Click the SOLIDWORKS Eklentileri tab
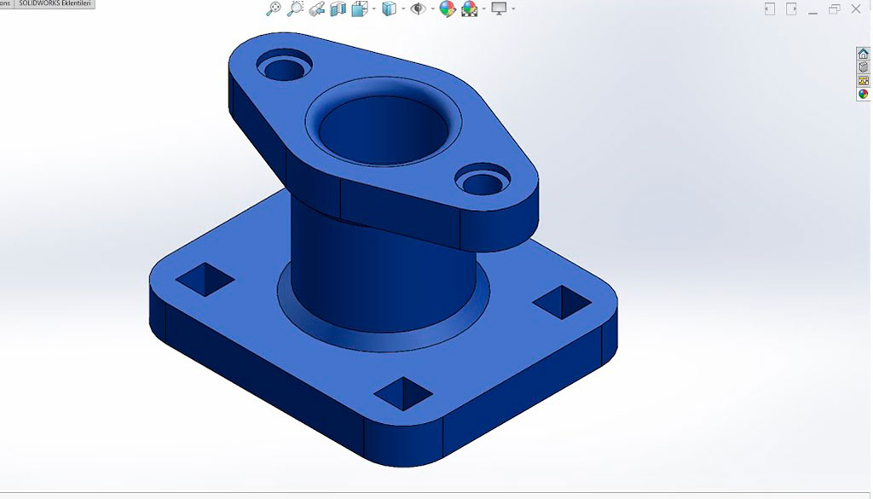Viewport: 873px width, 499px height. (x=55, y=4)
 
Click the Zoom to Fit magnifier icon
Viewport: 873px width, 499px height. (x=273, y=9)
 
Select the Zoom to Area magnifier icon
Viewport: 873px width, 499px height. (x=295, y=9)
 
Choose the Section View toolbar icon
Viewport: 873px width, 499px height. (x=338, y=9)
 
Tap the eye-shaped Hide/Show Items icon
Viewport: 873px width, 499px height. (x=418, y=9)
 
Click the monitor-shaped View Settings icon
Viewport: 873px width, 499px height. (x=499, y=9)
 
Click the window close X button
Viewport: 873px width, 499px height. (x=856, y=9)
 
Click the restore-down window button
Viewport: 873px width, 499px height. (x=834, y=9)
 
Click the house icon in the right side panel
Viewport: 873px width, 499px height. (x=863, y=54)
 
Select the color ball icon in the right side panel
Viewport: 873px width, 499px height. (x=863, y=94)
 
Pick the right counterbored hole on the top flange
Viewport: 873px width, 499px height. (x=483, y=179)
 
